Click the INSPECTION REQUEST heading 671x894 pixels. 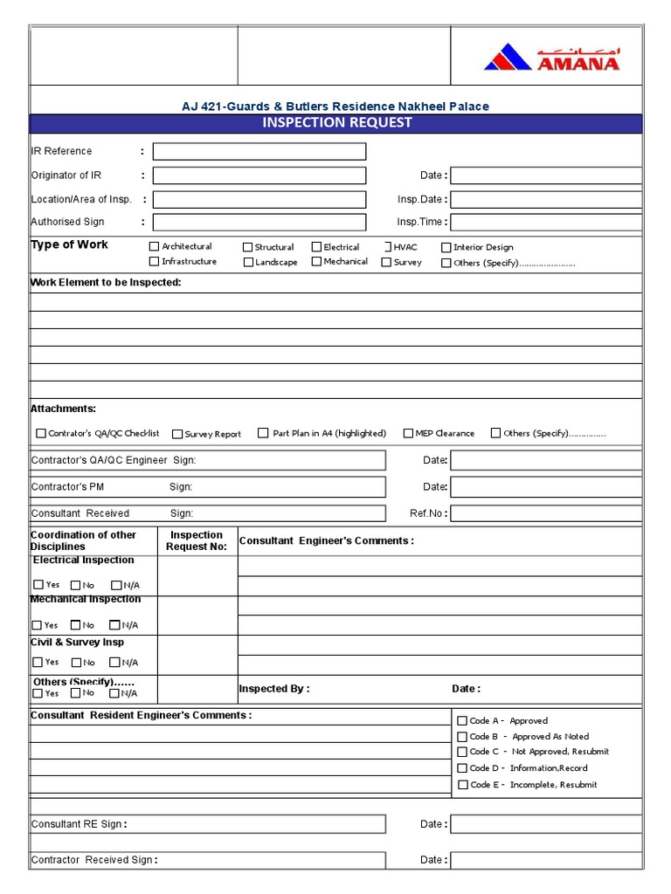(x=336, y=122)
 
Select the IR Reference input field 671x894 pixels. (x=259, y=152)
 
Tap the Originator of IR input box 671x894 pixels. (x=259, y=175)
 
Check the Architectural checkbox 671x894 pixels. (x=155, y=247)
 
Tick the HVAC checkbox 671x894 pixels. (x=386, y=247)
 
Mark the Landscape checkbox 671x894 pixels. (x=248, y=262)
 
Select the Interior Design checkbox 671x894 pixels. (x=446, y=248)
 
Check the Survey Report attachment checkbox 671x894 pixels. (x=177, y=434)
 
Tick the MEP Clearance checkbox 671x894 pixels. (x=408, y=433)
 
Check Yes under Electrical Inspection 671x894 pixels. (x=38, y=585)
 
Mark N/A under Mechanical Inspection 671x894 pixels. (x=114, y=625)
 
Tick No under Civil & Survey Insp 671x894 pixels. (x=76, y=663)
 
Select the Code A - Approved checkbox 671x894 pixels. (x=463, y=721)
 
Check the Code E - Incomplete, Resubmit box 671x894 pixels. (x=463, y=785)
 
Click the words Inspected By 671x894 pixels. (x=273, y=689)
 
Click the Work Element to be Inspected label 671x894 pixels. (x=106, y=283)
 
